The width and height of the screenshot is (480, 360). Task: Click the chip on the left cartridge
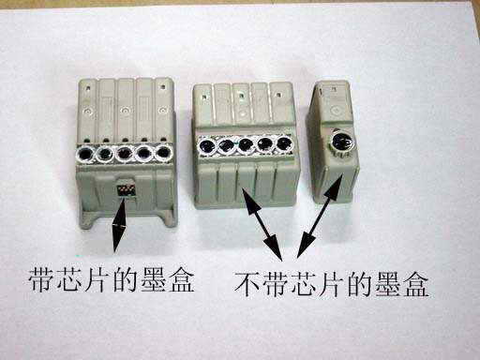[x=126, y=189]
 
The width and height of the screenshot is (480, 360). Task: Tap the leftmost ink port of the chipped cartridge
[x=85, y=154]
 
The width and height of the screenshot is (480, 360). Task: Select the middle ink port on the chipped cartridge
[x=125, y=154]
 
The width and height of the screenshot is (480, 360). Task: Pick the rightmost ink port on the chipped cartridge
[x=163, y=153]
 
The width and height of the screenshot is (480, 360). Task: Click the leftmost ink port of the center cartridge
[x=207, y=146]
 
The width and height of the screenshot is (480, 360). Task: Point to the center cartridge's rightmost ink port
[x=284, y=143]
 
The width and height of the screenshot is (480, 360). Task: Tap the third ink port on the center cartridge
[x=246, y=144]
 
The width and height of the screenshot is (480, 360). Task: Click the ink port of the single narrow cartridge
[x=341, y=142]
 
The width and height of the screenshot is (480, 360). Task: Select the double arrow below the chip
[x=119, y=224]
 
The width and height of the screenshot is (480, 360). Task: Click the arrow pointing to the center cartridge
[x=262, y=223]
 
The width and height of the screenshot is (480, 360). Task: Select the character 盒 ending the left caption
[x=182, y=279]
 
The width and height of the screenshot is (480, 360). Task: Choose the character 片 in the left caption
[x=98, y=279]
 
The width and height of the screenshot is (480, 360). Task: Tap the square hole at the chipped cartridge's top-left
[x=89, y=88]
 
